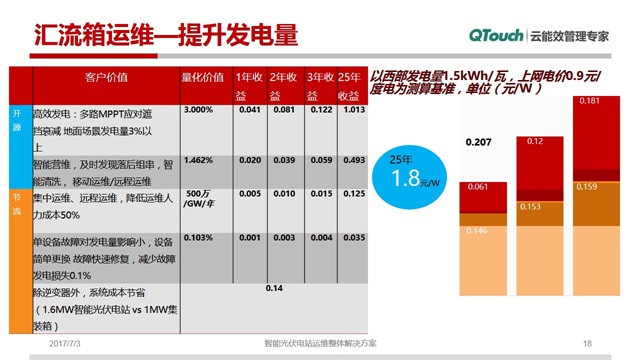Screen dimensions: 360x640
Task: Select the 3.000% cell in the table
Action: [200, 110]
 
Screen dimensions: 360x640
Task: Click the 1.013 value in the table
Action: [351, 110]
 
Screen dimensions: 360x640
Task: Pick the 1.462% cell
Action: [200, 160]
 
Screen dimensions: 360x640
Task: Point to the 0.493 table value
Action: [351, 160]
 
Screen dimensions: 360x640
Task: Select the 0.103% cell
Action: [198, 238]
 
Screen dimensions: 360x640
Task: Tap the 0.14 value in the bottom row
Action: [275, 288]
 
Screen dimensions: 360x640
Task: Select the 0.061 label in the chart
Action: [479, 188]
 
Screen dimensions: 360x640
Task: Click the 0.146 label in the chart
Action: [479, 231]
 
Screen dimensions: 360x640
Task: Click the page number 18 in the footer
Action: [587, 343]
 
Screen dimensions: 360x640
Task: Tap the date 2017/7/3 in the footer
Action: [66, 343]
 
